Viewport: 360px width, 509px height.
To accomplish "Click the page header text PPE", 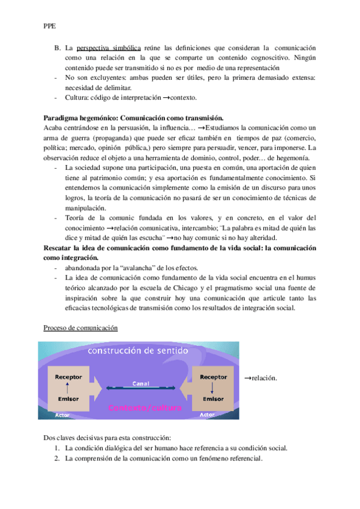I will point(50,25).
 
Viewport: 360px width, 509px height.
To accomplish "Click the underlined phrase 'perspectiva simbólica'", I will point(109,47).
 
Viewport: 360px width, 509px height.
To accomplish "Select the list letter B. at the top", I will point(57,47).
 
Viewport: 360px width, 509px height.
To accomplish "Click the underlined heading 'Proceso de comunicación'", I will point(81,328).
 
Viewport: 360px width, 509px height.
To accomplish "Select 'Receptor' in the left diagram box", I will point(68,377).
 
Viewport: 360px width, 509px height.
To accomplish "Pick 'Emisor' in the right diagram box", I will point(214,399).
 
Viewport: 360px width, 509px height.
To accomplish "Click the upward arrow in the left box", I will point(68,388).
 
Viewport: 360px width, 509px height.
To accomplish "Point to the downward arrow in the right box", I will point(214,388).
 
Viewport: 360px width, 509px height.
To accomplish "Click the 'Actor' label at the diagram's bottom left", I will point(62,415).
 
